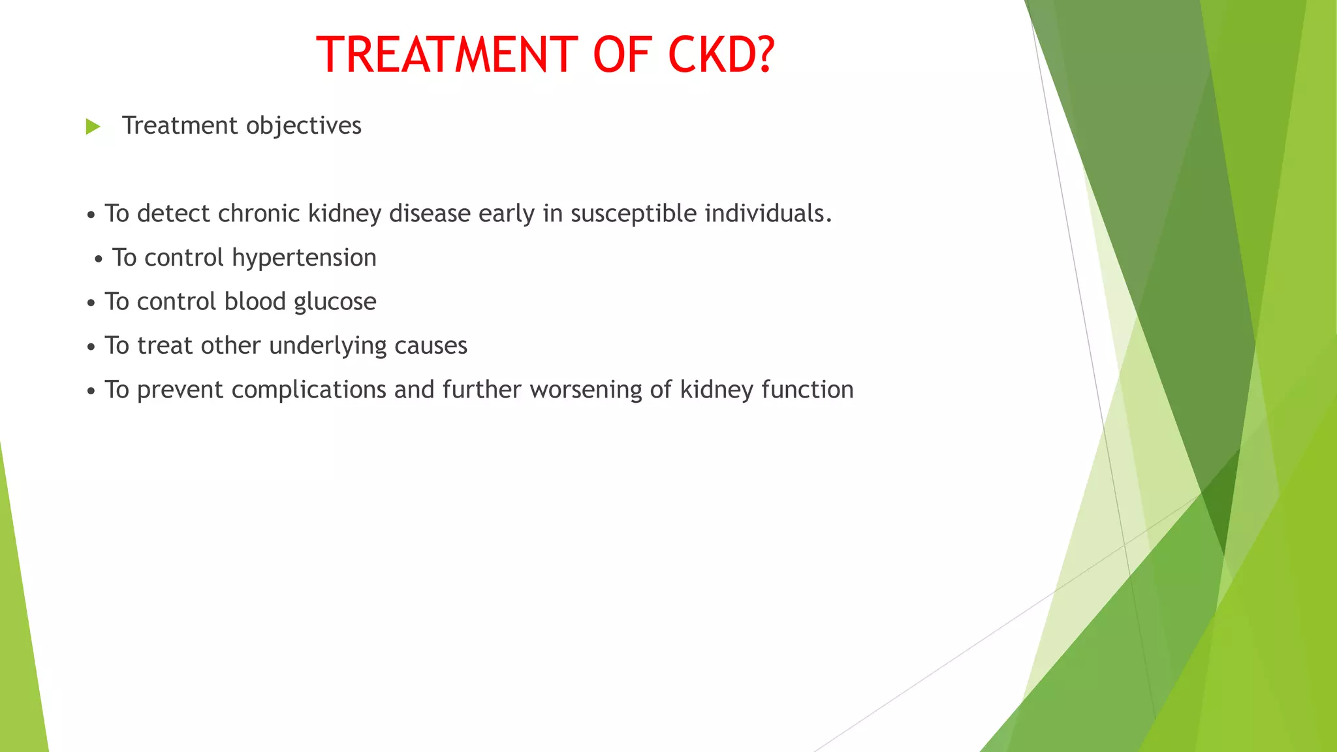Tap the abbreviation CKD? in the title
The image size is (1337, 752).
click(721, 54)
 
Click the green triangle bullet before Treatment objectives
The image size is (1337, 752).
click(93, 127)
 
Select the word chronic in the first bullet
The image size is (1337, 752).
click(259, 213)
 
